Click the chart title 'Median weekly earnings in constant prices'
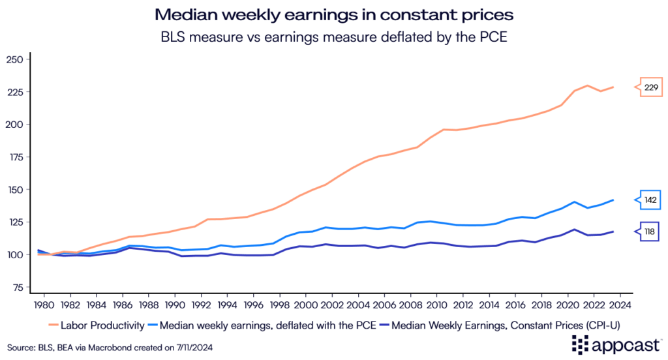[x=333, y=14]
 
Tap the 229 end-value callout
[x=650, y=87]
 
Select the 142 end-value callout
[x=650, y=200]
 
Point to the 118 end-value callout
[x=650, y=232]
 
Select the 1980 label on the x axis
[x=40, y=304]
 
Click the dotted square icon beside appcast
[x=581, y=344]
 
